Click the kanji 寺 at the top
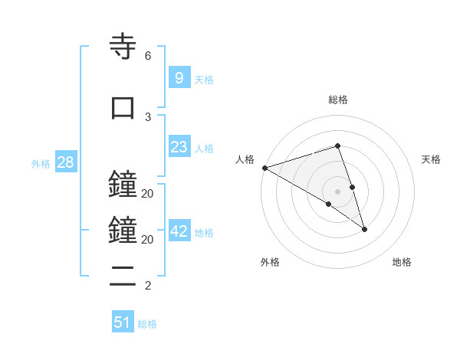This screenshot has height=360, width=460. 123,47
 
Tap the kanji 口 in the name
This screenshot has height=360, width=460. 123,107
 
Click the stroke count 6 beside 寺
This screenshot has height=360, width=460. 147,56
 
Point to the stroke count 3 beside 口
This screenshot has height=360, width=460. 147,116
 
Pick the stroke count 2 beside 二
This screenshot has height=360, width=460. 147,286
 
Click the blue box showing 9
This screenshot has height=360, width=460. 179,77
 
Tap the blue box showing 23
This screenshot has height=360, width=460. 179,147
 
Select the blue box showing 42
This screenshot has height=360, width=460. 179,231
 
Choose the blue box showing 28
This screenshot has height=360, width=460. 64,162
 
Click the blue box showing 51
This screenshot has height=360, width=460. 123,322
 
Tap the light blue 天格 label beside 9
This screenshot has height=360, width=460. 204,79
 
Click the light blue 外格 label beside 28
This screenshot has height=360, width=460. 41,164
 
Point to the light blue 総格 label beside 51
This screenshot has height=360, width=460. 147,324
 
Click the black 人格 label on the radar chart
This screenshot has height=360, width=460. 245,159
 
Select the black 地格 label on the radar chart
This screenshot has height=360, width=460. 402,262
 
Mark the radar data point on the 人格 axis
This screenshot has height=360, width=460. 264,168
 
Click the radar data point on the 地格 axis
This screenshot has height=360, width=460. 364,229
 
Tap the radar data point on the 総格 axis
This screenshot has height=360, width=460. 337,146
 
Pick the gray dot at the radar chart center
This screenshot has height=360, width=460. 337,191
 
